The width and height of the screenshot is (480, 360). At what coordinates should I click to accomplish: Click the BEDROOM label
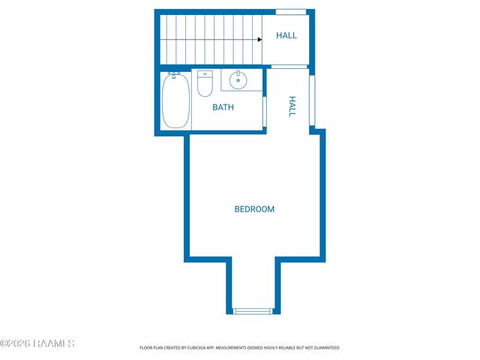coord(254,209)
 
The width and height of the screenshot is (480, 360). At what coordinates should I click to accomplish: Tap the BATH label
coord(223,107)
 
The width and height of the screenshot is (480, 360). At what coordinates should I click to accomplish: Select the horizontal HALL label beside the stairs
coord(286,35)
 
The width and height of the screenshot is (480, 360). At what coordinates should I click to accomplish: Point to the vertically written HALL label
coord(292,107)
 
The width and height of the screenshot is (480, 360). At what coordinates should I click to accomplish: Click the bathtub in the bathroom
coord(175,102)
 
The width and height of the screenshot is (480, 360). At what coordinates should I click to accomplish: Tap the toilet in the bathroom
coord(205,86)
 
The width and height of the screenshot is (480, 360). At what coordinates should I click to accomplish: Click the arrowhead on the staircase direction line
coord(259,39)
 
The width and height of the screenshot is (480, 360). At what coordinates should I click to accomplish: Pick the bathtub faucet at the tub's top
coord(174,76)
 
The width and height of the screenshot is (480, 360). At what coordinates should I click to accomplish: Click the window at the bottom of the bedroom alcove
coord(253,310)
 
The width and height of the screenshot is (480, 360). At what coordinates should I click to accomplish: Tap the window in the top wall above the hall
coord(290,11)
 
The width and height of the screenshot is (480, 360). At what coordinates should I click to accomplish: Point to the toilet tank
coord(205,74)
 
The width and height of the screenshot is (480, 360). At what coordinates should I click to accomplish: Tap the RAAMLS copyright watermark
coord(37,343)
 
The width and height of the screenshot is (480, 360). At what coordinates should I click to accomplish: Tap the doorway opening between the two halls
coord(289,67)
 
